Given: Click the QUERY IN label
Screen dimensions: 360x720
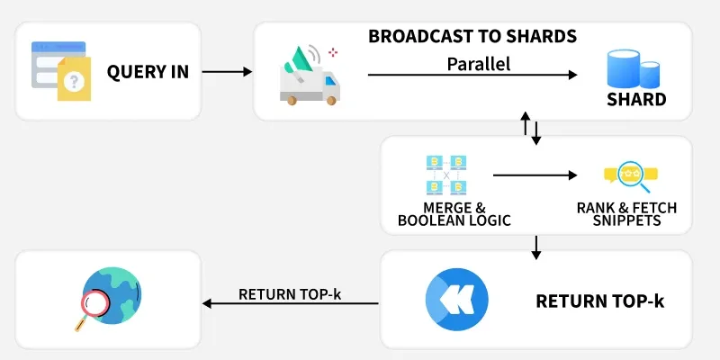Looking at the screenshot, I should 148,72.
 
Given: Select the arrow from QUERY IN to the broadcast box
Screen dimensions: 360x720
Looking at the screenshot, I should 227,71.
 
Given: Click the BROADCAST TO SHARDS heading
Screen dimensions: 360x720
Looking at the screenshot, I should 472,37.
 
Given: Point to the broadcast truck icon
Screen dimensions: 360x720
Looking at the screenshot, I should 309,74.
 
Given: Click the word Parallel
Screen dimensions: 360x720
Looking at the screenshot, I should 478,64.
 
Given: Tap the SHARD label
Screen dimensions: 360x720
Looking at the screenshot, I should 635,100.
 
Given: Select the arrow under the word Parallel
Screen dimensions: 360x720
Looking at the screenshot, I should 472,76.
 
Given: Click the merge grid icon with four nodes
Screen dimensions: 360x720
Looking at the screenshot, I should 449,175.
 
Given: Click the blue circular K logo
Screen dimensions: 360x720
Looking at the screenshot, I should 456,299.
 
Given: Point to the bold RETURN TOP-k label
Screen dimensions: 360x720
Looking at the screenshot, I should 599,301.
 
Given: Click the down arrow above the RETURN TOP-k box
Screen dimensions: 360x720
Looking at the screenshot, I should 536,247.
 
